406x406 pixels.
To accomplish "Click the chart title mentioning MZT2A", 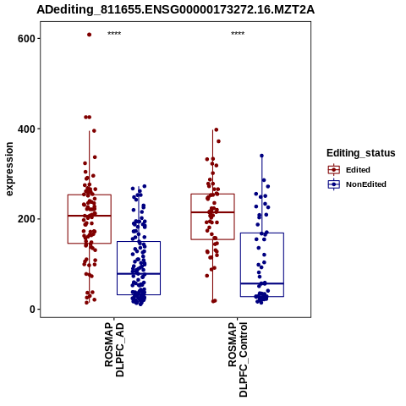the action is [x=175, y=10].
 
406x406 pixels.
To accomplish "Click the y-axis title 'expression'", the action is [x=9, y=169].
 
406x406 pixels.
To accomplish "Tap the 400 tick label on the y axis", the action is [x=26, y=129].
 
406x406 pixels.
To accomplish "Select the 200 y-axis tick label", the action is [x=26, y=219].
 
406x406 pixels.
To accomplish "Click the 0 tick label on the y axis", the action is [x=32, y=310].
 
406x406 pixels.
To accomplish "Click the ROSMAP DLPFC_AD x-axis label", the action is [x=114, y=349].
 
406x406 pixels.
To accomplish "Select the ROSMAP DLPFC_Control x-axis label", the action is [x=238, y=359].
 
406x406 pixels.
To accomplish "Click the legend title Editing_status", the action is [x=361, y=153].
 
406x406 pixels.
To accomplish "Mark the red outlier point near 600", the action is [x=89, y=35].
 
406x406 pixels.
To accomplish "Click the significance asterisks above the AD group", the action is [x=114, y=34].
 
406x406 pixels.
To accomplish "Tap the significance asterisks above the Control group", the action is [x=238, y=34].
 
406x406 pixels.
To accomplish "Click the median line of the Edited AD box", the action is [x=90, y=216].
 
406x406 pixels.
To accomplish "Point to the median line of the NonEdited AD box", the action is [x=139, y=274].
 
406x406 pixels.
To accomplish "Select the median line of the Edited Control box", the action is [x=212, y=212].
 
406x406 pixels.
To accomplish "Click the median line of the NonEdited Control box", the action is [x=262, y=283].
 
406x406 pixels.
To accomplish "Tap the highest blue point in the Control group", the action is [x=261, y=156].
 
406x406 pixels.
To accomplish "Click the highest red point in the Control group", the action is [x=217, y=129].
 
